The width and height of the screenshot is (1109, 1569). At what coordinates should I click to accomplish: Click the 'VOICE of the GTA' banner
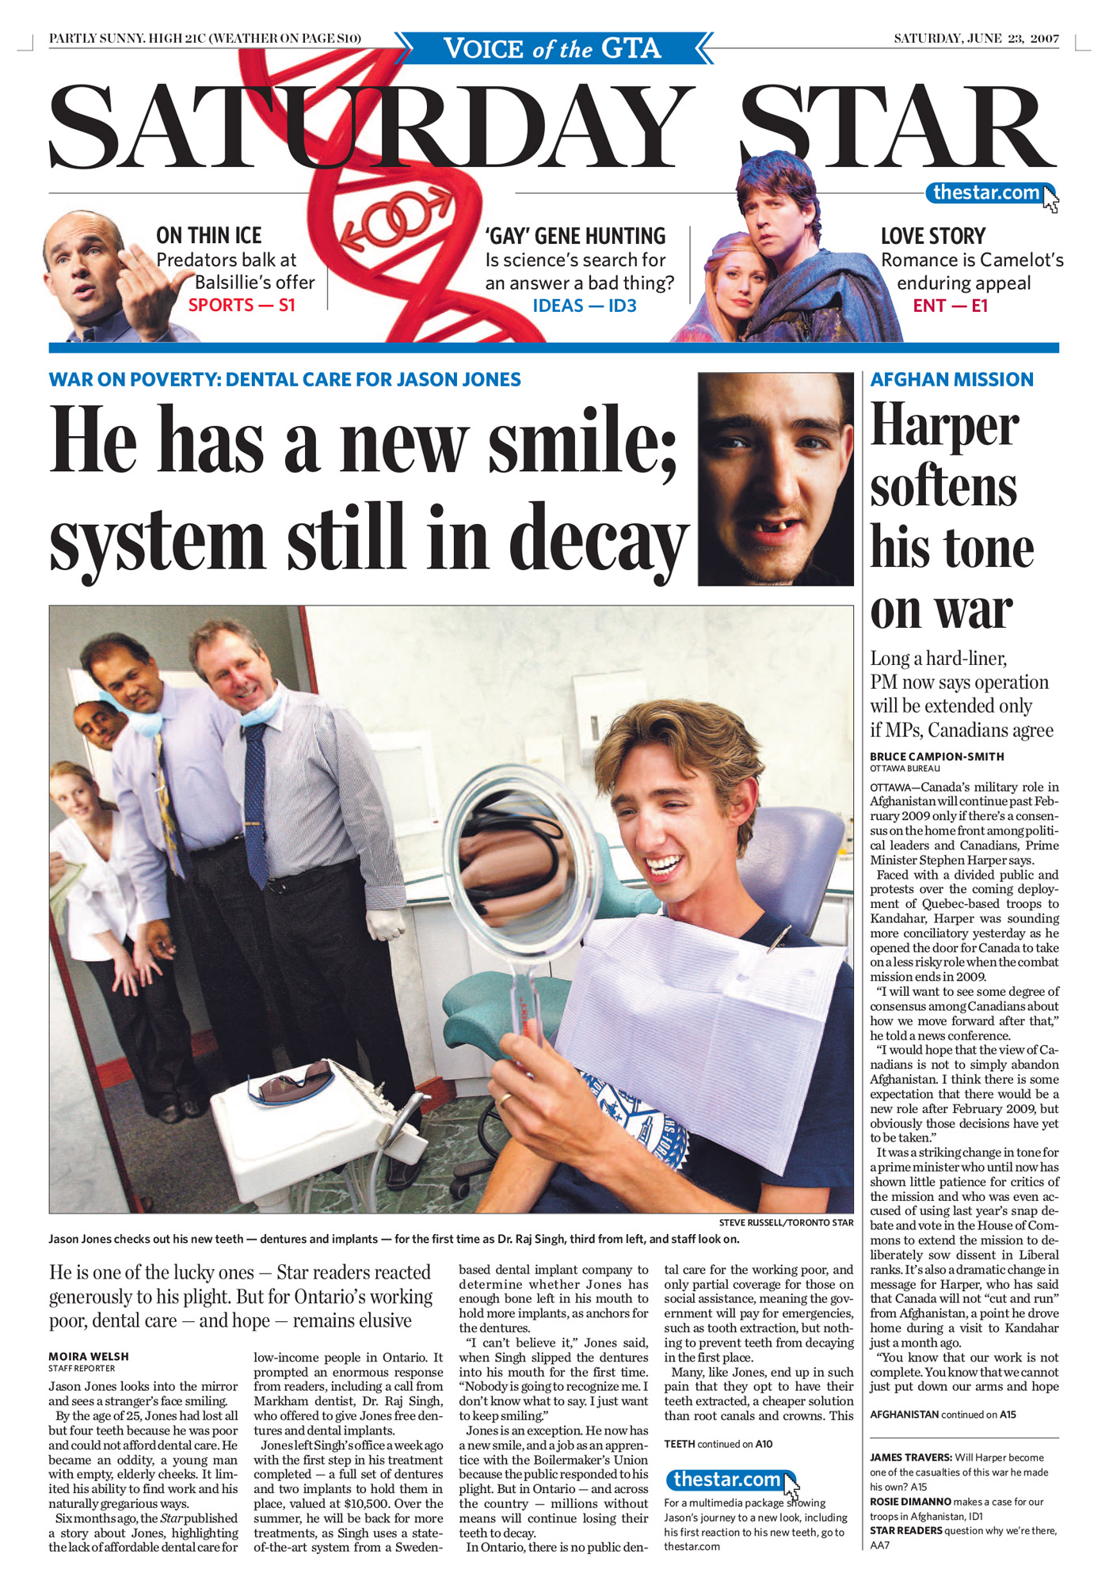pos(552,48)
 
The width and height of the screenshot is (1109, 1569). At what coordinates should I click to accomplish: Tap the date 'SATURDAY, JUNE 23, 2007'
pos(976,38)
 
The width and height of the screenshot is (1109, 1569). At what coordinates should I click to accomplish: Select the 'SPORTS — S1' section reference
pos(242,305)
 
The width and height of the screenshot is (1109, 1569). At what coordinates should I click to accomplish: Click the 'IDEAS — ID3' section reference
pos(585,306)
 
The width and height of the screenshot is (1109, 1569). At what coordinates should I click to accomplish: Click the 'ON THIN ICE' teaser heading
pos(208,236)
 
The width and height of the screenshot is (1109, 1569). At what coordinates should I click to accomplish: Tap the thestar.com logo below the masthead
pos(986,192)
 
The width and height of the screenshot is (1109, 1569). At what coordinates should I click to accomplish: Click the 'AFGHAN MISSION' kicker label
pos(951,380)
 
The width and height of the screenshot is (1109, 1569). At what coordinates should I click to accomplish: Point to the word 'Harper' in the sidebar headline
pos(944,426)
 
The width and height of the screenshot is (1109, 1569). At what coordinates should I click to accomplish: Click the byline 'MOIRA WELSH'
pos(89,1357)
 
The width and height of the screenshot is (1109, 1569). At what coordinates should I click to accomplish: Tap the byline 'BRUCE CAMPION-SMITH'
pos(936,756)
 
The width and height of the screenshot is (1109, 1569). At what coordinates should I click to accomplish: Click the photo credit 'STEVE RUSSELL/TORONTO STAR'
pos(786,1222)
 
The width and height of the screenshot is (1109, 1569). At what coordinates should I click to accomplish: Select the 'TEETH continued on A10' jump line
pos(718,1444)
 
